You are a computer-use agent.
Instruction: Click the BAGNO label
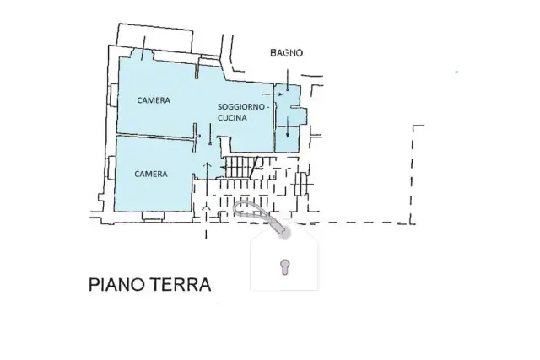tap(286, 53)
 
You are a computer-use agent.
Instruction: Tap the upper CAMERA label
tap(154, 100)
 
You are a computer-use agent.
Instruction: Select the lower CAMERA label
tap(151, 175)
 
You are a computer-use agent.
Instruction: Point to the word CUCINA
tap(233, 118)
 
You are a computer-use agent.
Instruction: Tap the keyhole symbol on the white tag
tap(285, 267)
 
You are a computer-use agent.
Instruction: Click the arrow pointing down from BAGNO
tap(288, 80)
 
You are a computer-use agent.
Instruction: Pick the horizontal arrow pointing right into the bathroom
tap(273, 94)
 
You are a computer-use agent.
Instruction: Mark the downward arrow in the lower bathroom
tap(288, 126)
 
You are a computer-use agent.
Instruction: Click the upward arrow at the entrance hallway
tap(207, 171)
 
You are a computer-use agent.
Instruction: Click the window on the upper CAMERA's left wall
tap(112, 95)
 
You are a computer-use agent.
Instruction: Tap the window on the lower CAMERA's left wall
tap(111, 168)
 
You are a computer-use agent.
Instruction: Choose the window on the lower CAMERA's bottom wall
tap(153, 216)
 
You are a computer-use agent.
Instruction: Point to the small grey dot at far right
tap(456, 72)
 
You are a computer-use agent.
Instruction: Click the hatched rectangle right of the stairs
tap(300, 183)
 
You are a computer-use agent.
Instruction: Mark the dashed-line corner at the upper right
tap(413, 126)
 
